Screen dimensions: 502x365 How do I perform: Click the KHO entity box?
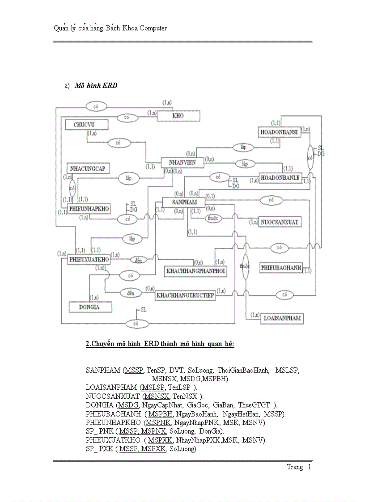click(x=178, y=116)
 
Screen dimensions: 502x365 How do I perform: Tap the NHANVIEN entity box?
click(x=182, y=163)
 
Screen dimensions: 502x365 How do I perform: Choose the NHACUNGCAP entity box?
click(x=88, y=168)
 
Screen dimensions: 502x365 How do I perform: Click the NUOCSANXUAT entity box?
click(x=280, y=222)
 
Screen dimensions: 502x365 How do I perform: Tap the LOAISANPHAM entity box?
click(x=282, y=318)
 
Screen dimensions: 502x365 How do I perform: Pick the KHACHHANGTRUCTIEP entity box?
click(x=185, y=295)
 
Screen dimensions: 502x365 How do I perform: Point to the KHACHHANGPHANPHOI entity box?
click(x=195, y=271)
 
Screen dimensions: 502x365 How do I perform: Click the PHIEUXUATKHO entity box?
click(x=89, y=259)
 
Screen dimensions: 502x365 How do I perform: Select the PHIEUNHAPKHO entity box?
click(x=89, y=209)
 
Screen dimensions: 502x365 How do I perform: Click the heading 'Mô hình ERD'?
click(x=96, y=85)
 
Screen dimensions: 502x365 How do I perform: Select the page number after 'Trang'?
click(x=309, y=467)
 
